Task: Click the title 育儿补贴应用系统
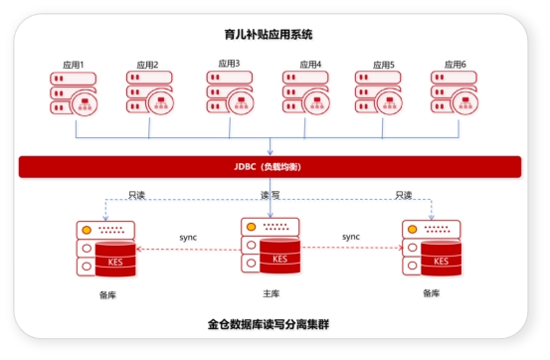pyautogui.click(x=269, y=35)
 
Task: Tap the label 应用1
pyautogui.click(x=74, y=65)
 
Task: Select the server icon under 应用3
pyautogui.click(x=230, y=91)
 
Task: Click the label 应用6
pyautogui.click(x=456, y=65)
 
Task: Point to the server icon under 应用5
pyautogui.click(x=379, y=92)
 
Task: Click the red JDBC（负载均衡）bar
pyautogui.click(x=270, y=167)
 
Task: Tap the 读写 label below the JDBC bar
pyautogui.click(x=271, y=195)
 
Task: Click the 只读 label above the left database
pyautogui.click(x=137, y=195)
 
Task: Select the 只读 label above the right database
pyautogui.click(x=404, y=195)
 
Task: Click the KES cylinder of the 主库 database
pyautogui.click(x=279, y=256)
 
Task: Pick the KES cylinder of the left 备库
pyautogui.click(x=115, y=259)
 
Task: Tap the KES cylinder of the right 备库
pyautogui.click(x=441, y=259)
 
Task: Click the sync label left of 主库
pyautogui.click(x=188, y=238)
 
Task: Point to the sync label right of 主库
pyautogui.click(x=351, y=237)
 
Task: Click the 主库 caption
pyautogui.click(x=272, y=293)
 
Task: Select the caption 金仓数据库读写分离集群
pyautogui.click(x=269, y=324)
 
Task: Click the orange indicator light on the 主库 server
pyautogui.click(x=252, y=227)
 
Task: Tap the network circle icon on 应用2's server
pyautogui.click(x=161, y=102)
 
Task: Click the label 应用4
pyautogui.click(x=310, y=65)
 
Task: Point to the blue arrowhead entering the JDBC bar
pyautogui.click(x=271, y=152)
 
